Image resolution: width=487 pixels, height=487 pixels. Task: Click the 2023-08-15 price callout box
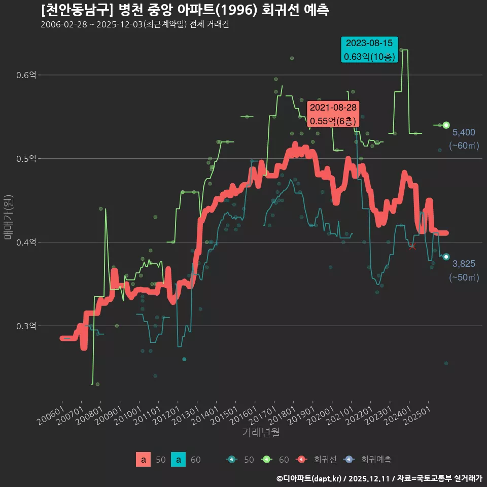369,50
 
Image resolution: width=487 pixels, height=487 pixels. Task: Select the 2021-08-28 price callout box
333,114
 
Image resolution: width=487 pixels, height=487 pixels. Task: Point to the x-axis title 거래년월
261,432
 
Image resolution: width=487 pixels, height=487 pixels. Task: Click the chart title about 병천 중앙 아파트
185,10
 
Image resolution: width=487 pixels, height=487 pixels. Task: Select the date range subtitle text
134,24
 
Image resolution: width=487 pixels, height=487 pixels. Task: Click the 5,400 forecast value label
463,132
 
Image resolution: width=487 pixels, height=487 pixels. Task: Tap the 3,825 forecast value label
463,263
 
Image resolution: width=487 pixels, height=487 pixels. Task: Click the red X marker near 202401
412,247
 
